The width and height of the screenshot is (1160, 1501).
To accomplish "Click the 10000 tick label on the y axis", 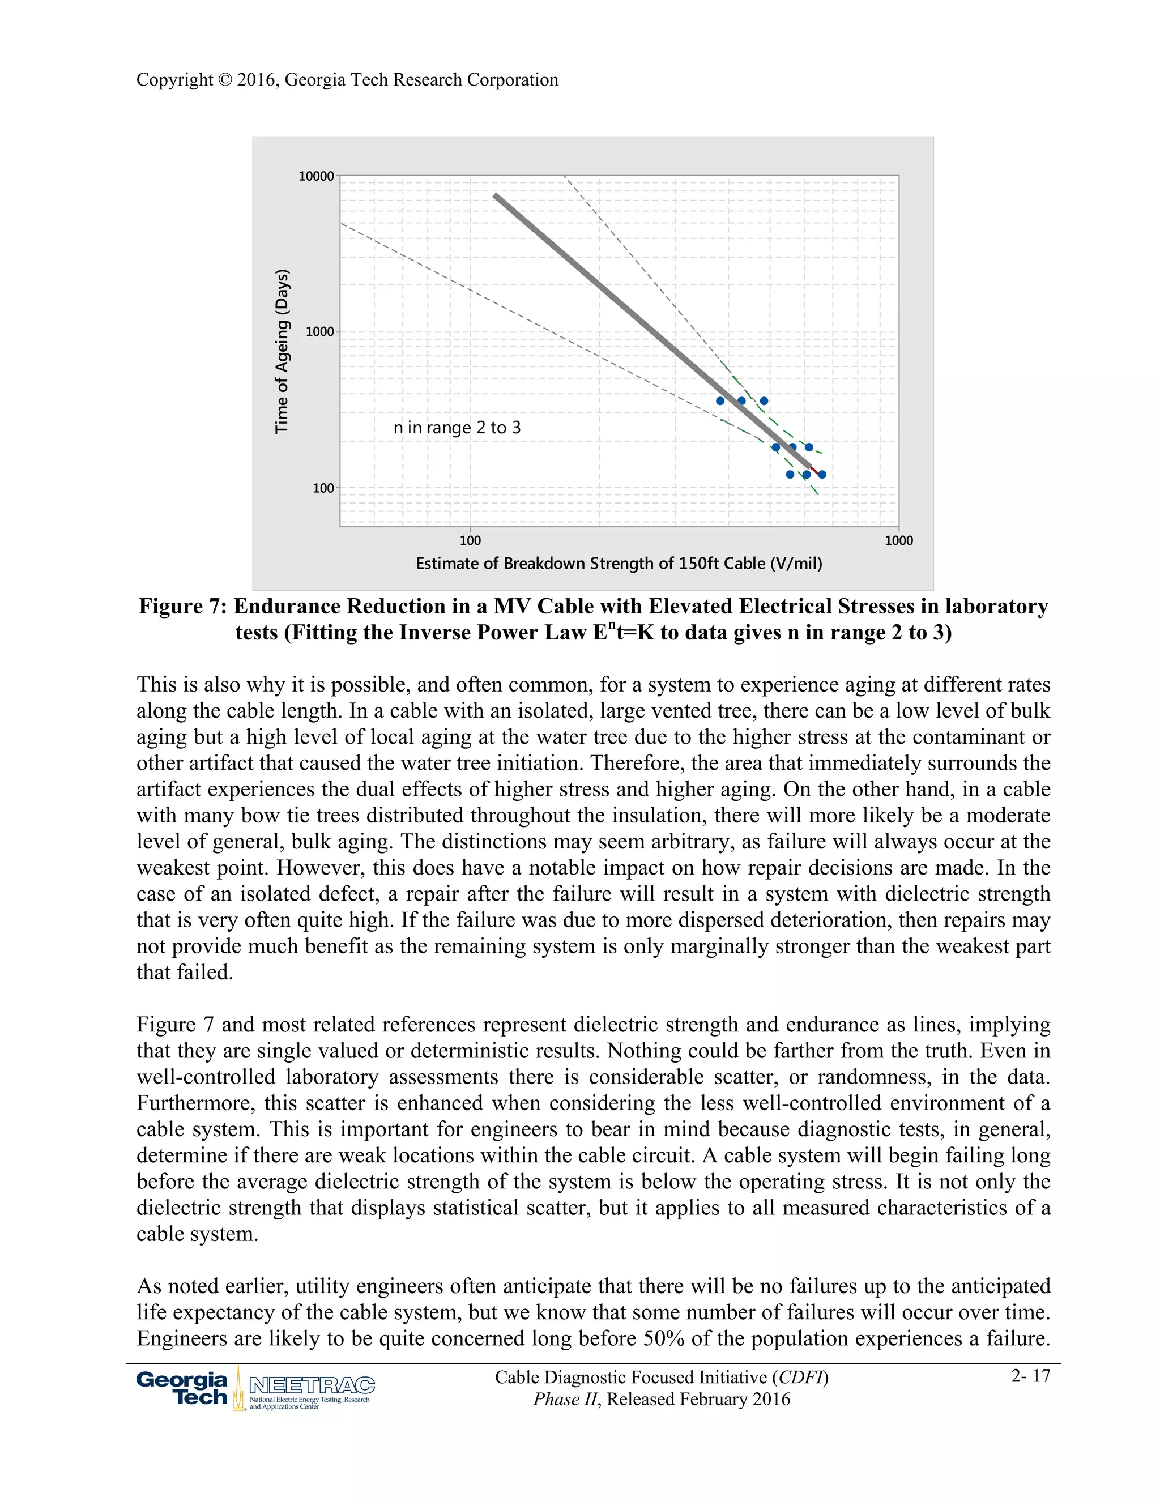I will click(315, 177).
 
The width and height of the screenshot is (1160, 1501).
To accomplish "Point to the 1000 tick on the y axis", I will click(319, 332).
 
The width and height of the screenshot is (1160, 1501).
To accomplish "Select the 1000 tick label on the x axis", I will click(898, 541).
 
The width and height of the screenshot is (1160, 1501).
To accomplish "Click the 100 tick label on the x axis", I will click(470, 541).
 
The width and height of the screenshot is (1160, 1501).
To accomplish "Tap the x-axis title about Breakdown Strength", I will click(619, 564).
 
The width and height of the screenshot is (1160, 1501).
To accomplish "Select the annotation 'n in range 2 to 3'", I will click(457, 428).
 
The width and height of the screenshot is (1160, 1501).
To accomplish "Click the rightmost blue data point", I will click(822, 474).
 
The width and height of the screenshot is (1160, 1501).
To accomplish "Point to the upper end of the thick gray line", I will click(496, 197).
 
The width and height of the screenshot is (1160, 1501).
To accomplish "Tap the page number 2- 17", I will click(1030, 1375).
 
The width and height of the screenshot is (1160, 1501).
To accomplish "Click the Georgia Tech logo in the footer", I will click(182, 1388).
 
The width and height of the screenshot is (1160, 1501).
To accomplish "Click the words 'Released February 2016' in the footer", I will click(698, 1399).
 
